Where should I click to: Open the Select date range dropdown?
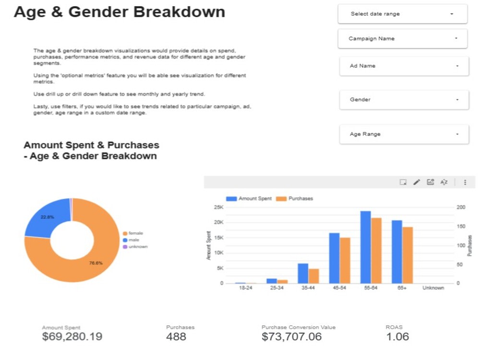coord(403,14)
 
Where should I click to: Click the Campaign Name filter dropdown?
coord(403,38)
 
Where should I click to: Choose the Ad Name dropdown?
coord(404,66)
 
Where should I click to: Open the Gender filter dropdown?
coord(404,99)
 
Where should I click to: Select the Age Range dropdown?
coord(404,134)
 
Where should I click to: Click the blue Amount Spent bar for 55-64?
coord(365,247)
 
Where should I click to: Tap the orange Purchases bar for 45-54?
coord(345,261)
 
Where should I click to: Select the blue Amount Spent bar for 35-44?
coord(303,274)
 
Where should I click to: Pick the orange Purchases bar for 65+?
coord(408,255)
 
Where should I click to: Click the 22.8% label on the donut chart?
coord(47,217)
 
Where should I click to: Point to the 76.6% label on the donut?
coord(96,263)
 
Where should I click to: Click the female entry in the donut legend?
coord(133,233)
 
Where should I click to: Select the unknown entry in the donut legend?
coord(135,246)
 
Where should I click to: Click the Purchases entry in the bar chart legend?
coord(295,198)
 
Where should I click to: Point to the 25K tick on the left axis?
coord(218,207)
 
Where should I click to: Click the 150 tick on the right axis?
coord(461,226)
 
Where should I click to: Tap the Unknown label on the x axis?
coord(433,288)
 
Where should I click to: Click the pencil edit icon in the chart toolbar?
coord(417,182)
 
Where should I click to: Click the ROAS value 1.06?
coord(397,337)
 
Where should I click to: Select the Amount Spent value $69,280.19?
coord(72,336)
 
